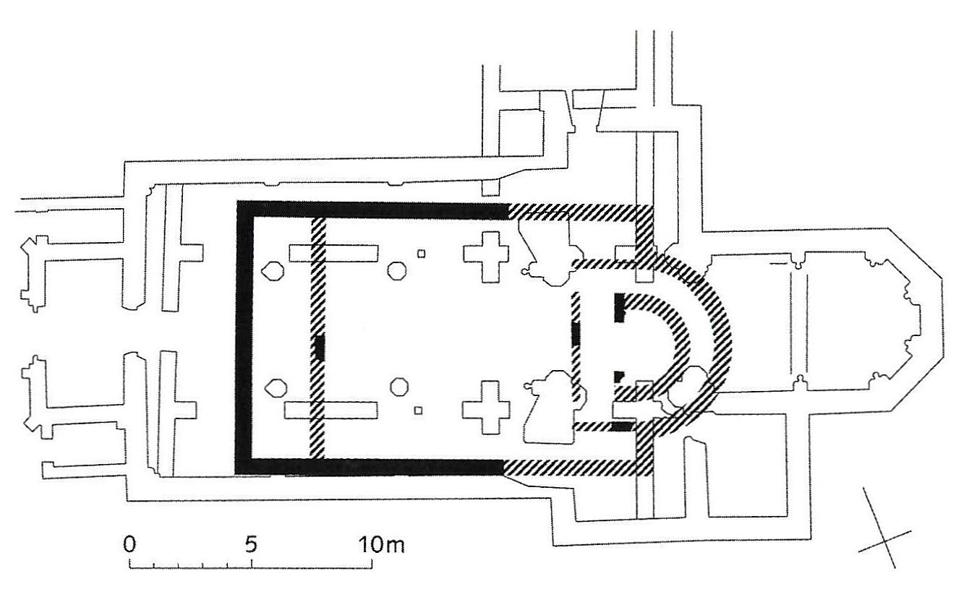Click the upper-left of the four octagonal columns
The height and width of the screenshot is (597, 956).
coord(273,271)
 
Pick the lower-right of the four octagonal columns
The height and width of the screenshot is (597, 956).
coord(399,387)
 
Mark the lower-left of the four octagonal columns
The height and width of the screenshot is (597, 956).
coord(276,388)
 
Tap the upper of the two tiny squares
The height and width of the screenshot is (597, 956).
coord(422,254)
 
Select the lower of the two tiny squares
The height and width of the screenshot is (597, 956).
coord(418,411)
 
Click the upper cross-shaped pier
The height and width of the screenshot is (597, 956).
coord(486,257)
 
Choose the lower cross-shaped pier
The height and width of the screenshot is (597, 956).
coord(486,407)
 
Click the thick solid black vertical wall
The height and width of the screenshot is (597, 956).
coord(244,338)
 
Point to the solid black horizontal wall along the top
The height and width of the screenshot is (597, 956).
coord(372,210)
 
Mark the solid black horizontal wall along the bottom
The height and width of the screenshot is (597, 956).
coord(370,467)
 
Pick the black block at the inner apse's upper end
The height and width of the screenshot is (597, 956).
coord(619,307)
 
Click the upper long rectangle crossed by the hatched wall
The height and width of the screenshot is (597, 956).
coord(334,253)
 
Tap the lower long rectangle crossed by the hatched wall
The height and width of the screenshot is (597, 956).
coord(331,411)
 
